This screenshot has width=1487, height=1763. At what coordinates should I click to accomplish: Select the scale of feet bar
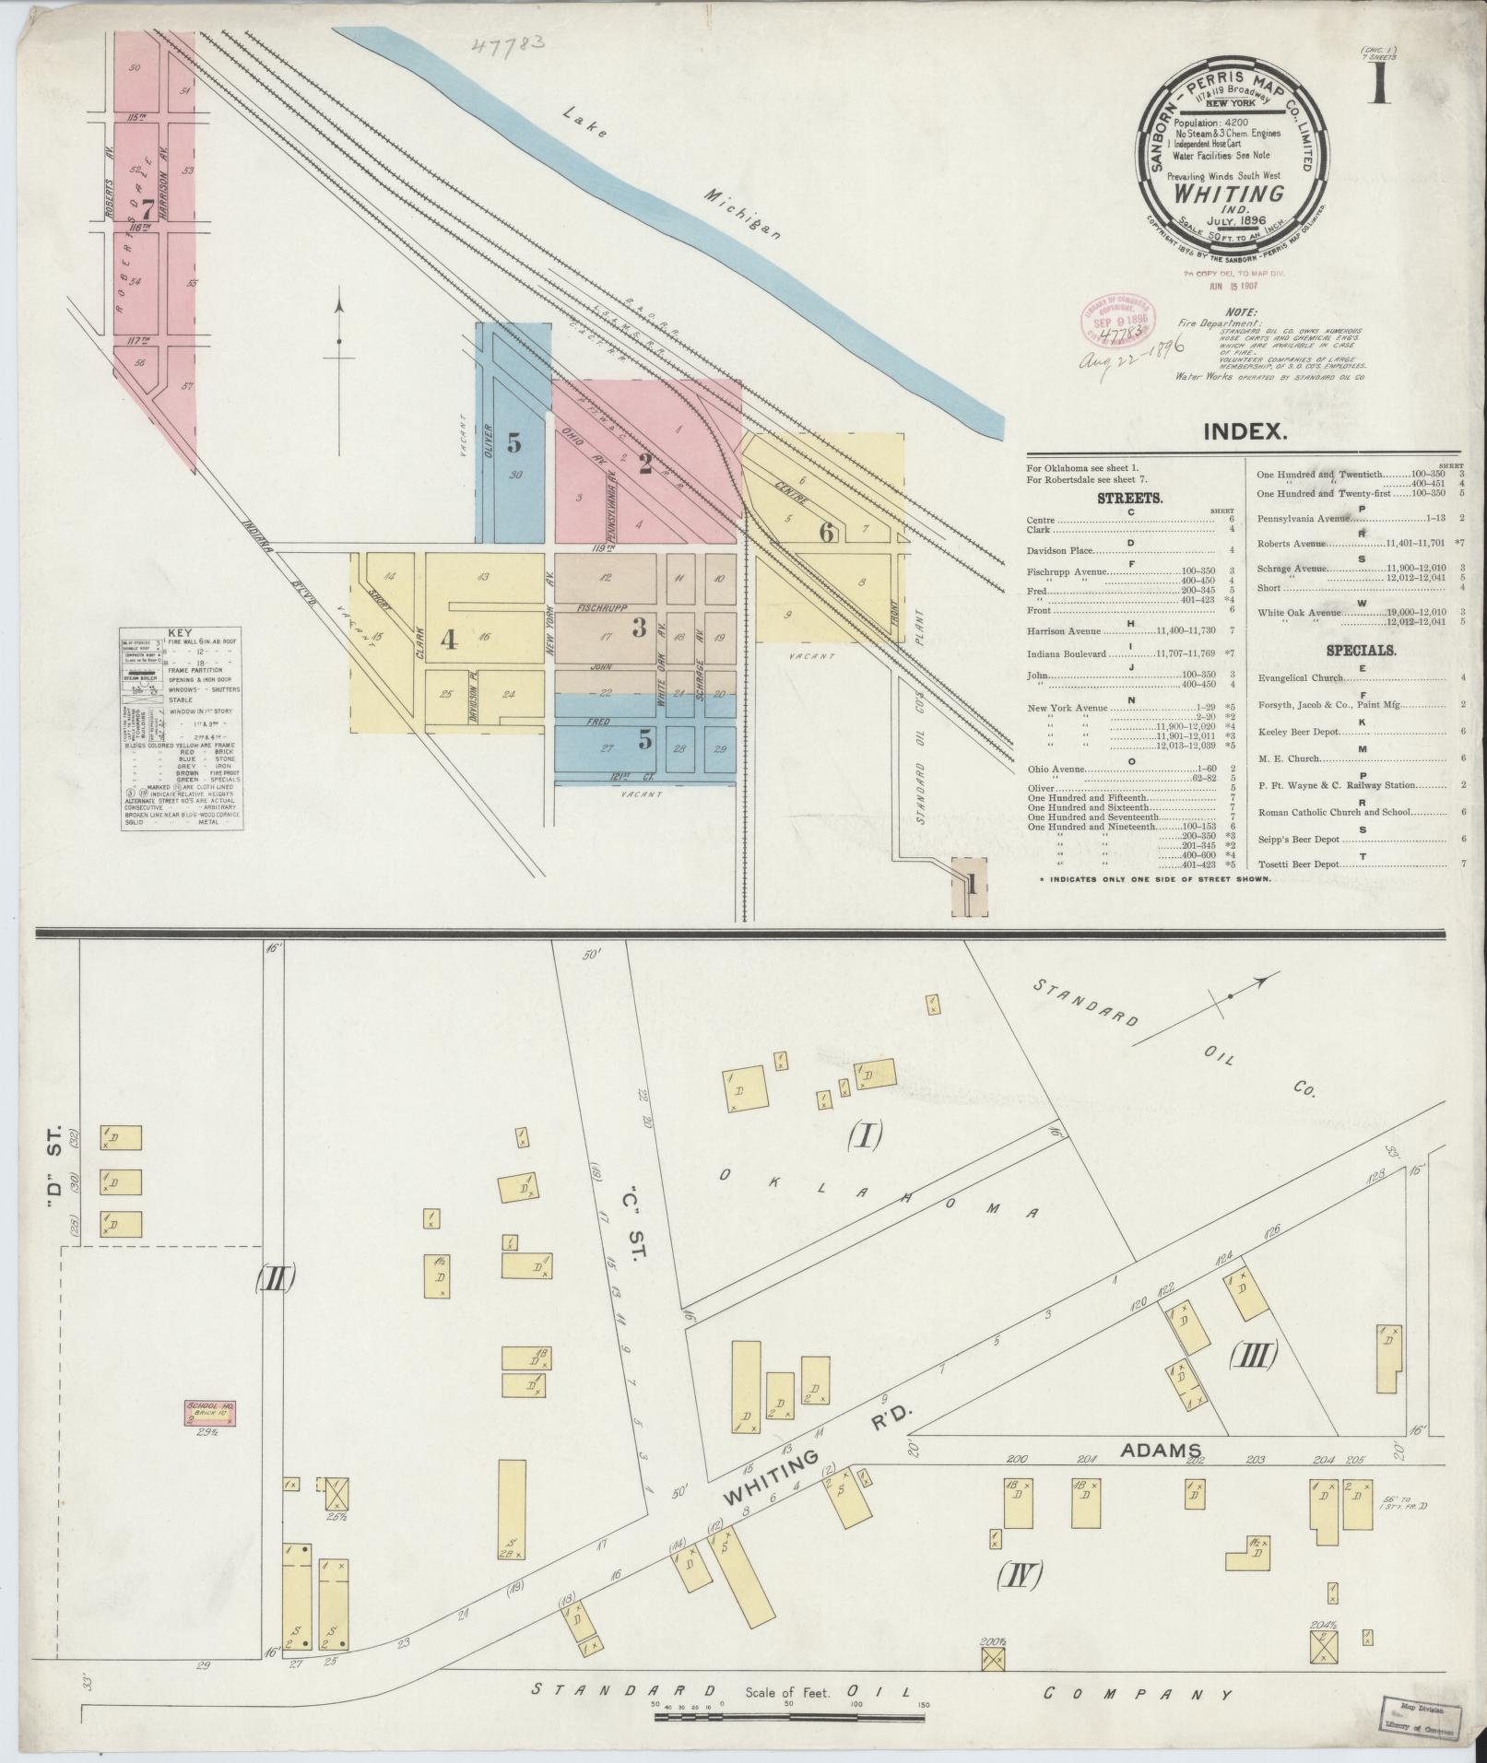click(789, 1718)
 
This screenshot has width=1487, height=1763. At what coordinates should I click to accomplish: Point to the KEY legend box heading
click(181, 634)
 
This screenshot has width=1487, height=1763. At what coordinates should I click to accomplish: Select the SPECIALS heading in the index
click(1361, 650)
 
